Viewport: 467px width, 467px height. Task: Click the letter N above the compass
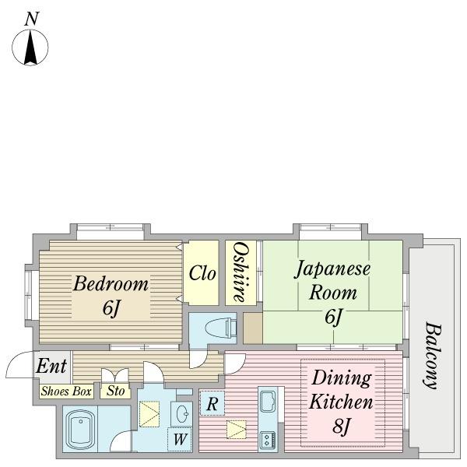click(32, 19)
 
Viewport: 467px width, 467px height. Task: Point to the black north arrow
click(30, 47)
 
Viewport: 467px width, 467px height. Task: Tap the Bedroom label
click(111, 284)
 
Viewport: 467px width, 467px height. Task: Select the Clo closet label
click(202, 273)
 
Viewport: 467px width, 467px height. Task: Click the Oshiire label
click(241, 272)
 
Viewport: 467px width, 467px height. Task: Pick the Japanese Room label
click(332, 281)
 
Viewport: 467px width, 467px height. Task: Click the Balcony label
click(431, 356)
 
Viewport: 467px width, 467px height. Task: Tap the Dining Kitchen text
click(342, 390)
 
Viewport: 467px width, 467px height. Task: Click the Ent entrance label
click(51, 366)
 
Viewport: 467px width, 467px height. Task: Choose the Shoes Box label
click(66, 392)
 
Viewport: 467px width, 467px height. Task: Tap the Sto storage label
click(115, 391)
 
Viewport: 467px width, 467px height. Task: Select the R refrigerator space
click(212, 403)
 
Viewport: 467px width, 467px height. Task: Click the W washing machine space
click(180, 439)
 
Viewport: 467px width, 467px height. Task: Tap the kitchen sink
click(268, 401)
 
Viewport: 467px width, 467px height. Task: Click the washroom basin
click(181, 414)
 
